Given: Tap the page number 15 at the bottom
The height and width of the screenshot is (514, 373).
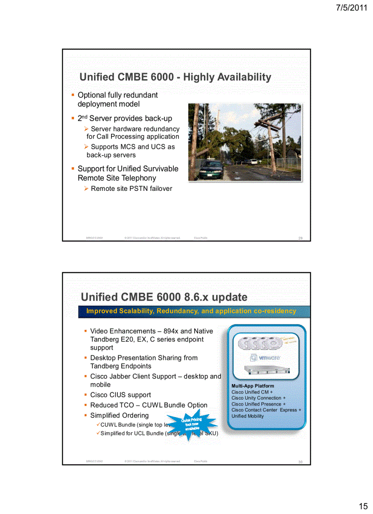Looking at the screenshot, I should click(363, 506).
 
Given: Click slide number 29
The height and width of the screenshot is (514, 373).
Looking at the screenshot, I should click(300, 238).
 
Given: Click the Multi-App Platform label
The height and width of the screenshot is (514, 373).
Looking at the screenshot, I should click(253, 386).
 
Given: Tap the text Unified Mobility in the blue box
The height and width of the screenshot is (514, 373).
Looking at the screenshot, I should click(247, 416).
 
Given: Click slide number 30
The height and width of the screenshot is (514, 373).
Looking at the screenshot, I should click(300, 462).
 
